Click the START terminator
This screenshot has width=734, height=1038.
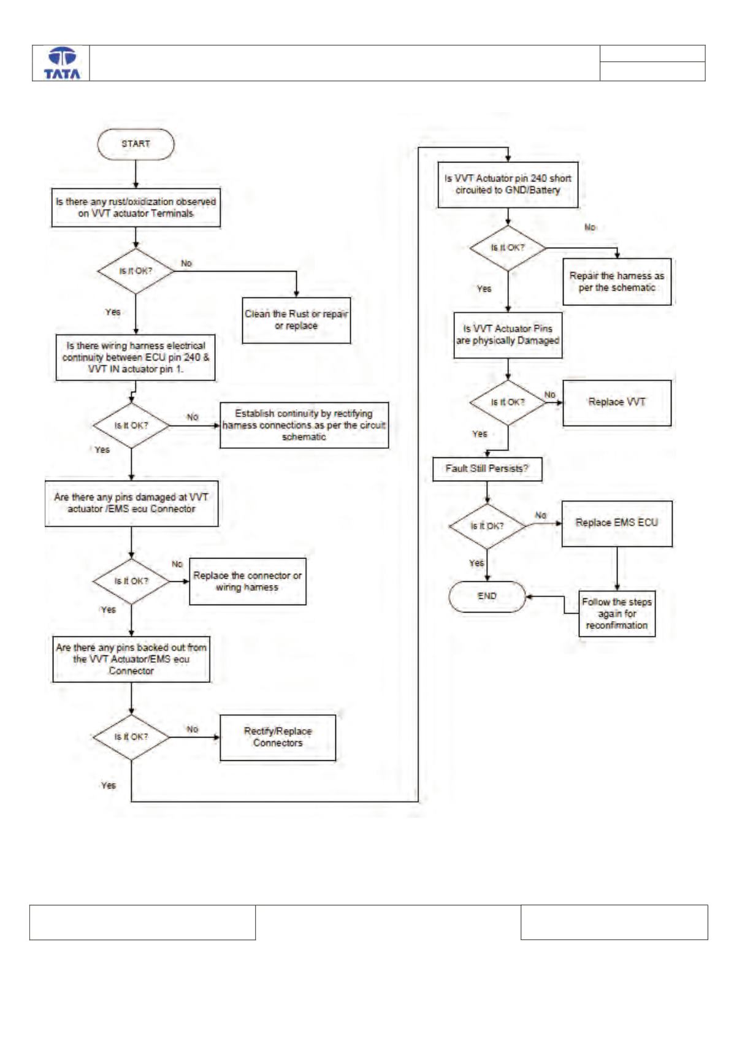click(136, 144)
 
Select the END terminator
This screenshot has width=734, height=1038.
click(487, 597)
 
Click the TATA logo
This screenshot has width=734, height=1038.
click(62, 63)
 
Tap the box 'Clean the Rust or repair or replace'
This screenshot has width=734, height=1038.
click(297, 320)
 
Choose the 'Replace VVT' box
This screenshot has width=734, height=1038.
click(617, 403)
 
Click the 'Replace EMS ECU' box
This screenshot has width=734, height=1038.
click(617, 524)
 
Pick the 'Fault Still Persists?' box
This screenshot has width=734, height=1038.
click(487, 469)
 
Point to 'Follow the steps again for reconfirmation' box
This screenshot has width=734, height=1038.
click(617, 614)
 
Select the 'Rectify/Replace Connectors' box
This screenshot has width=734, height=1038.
click(278, 737)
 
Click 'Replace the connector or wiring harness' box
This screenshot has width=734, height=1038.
click(248, 582)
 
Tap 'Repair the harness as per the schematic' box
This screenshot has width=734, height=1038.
click(617, 282)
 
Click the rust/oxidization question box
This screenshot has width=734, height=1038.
click(136, 208)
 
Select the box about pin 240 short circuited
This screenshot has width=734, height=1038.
click(508, 185)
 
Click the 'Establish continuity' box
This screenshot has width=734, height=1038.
click(304, 426)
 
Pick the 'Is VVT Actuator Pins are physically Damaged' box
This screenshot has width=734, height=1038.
click(508, 335)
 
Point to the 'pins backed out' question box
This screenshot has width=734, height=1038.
click(131, 660)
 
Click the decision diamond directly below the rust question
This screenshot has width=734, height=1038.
click(136, 271)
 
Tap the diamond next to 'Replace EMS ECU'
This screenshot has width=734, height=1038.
click(487, 527)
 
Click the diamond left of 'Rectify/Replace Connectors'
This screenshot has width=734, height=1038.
click(131, 737)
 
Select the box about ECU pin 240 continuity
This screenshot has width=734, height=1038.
click(136, 357)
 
